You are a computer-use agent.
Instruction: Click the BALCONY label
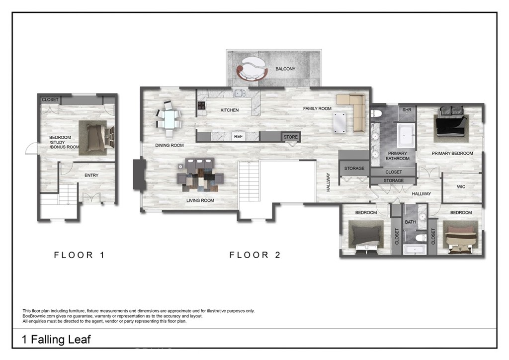click(x=285, y=69)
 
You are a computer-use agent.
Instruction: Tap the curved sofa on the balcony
click(x=252, y=68)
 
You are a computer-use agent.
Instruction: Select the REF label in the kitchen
click(x=238, y=137)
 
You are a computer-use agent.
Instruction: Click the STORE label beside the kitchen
click(x=290, y=137)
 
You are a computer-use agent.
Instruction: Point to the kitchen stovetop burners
click(x=201, y=105)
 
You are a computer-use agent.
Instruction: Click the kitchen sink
click(x=240, y=93)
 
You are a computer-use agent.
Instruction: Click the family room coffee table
click(x=339, y=123)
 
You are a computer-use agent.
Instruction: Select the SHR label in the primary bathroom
click(x=407, y=110)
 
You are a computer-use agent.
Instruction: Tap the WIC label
click(x=461, y=186)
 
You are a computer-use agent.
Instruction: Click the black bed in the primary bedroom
click(x=450, y=125)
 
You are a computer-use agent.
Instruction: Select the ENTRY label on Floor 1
click(x=91, y=176)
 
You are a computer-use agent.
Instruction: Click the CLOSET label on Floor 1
click(x=50, y=99)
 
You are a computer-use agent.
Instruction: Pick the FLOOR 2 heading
click(x=255, y=255)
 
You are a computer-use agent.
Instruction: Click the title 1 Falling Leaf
click(x=56, y=340)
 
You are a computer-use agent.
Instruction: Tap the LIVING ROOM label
click(x=200, y=200)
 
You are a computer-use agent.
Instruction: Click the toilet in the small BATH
click(x=421, y=238)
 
